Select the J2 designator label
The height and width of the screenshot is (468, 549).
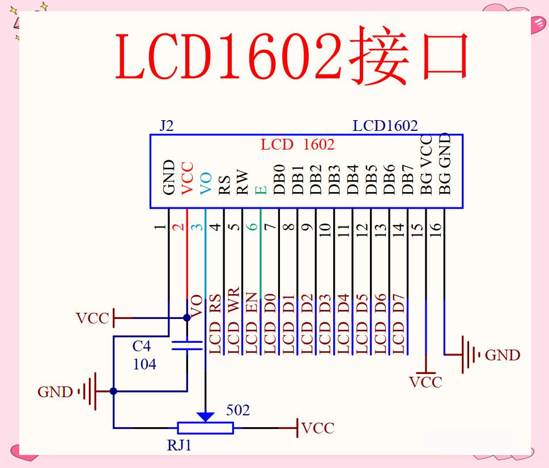(166, 126)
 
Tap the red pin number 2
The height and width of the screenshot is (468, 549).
(178, 227)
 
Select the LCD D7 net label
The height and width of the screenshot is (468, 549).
(399, 324)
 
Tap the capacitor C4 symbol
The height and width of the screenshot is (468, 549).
(187, 345)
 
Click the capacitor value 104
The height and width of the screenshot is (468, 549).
(144, 364)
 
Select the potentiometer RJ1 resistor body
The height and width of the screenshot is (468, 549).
(205, 428)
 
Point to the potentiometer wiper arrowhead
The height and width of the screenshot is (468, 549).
(205, 416)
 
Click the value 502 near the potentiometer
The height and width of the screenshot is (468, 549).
(238, 410)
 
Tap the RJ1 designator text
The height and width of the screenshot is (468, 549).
(179, 445)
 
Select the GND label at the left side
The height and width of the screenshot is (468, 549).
(55, 392)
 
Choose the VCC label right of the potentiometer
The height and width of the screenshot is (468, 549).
(318, 428)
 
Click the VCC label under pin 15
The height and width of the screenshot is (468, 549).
(425, 382)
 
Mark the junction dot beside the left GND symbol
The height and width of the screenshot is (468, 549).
(113, 391)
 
